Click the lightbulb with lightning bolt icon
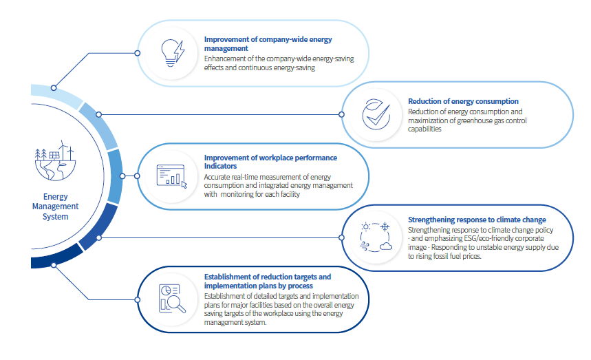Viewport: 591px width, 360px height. [173, 53]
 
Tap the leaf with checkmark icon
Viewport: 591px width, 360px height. [376, 114]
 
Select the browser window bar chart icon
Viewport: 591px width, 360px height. [172, 176]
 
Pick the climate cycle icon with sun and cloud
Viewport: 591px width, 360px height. [376, 237]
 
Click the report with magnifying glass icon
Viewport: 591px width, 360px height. [172, 299]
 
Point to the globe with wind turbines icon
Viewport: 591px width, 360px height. [55, 161]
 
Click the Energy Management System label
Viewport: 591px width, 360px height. [56, 207]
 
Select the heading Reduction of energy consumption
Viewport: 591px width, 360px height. [463, 101]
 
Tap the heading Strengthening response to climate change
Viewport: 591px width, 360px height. [477, 220]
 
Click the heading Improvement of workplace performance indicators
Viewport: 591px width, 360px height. [270, 162]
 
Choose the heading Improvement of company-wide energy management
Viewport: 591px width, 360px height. [268, 44]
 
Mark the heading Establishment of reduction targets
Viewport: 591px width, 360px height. [268, 282]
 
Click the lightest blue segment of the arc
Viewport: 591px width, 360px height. [56, 94]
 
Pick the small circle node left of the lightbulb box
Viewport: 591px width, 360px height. [138, 53]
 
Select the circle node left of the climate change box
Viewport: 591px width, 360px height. [341, 237]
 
